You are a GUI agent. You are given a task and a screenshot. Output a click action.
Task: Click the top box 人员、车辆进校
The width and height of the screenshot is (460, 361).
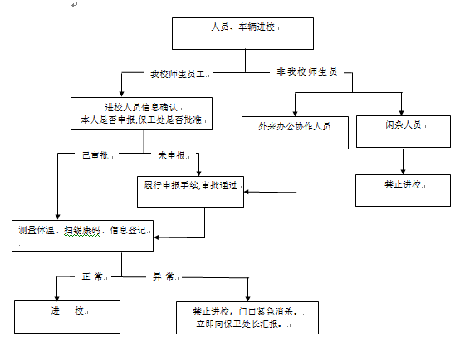tap(242, 33)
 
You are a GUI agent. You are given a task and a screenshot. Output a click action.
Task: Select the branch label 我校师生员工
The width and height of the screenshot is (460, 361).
tap(178, 74)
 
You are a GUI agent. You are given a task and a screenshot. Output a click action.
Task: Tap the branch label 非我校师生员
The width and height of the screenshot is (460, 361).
tap(307, 72)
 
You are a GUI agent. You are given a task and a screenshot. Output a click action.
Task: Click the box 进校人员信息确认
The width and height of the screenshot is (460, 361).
tap(141, 114)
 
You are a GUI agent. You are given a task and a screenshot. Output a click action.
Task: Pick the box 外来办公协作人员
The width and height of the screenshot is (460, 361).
tap(295, 133)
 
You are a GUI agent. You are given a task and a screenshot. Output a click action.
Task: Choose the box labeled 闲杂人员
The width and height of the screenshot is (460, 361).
tap(404, 131)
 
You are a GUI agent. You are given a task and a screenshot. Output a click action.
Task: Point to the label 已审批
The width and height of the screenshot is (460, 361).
tap(95, 155)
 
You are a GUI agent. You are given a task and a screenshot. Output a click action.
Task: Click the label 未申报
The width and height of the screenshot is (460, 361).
tap(172, 155)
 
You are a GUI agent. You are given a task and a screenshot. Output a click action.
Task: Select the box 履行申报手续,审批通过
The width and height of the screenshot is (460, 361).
tap(190, 192)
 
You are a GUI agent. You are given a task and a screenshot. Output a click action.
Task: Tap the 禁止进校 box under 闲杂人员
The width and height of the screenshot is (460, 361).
tap(403, 191)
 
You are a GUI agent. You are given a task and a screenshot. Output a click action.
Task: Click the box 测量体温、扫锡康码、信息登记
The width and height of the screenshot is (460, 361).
tap(82, 236)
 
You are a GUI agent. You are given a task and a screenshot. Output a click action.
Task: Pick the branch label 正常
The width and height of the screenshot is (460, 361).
tap(92, 276)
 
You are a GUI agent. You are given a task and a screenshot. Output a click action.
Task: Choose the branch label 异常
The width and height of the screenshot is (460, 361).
tap(163, 276)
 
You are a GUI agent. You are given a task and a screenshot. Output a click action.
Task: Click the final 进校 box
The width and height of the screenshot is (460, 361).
tap(67, 317)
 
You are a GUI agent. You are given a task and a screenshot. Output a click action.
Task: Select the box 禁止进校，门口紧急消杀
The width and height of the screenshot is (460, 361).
tap(247, 318)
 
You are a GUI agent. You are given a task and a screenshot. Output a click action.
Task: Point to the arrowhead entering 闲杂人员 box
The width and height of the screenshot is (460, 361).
tap(402, 113)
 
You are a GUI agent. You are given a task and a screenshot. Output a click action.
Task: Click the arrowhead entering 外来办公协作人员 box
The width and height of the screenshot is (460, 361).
tap(295, 114)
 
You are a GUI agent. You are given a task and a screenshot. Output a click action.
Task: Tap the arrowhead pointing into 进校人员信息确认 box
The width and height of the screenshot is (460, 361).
tap(121, 94)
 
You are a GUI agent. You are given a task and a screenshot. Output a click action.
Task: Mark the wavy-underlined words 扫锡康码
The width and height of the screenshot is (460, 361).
tap(82, 231)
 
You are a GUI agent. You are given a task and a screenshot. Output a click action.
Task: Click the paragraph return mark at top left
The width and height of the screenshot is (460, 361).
tap(75, 4)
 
